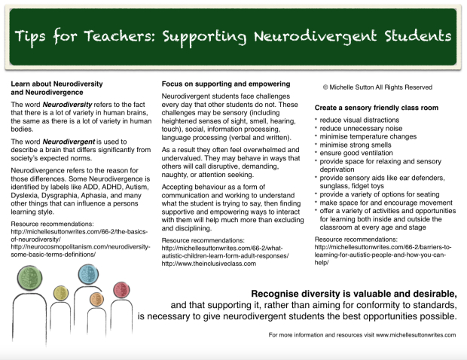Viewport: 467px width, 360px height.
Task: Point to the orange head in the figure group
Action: coord(96,299)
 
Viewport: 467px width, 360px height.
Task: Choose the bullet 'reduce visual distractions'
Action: coord(358,121)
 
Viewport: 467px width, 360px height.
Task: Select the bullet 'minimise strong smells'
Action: coord(354,144)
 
